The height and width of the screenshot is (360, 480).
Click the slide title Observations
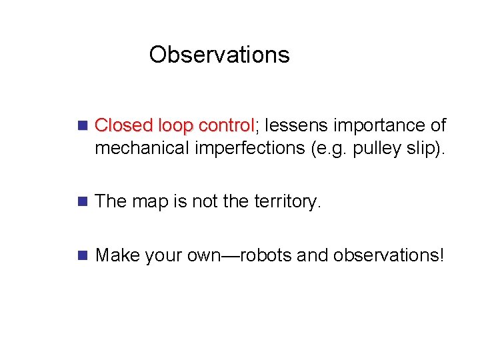click(x=219, y=55)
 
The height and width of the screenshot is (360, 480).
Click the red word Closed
click(x=125, y=125)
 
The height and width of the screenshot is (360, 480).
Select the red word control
click(x=227, y=125)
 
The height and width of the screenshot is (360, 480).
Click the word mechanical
click(x=142, y=148)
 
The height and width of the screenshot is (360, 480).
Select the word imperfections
click(x=251, y=148)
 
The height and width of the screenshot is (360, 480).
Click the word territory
click(x=287, y=201)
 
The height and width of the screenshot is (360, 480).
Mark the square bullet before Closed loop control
click(x=83, y=125)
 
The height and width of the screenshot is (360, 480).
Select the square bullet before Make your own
click(x=83, y=255)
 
